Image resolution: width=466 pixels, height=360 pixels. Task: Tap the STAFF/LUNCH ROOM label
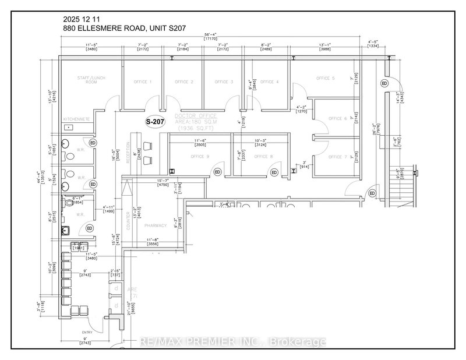click(x=90, y=80)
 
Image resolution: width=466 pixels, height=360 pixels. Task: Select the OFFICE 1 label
click(x=142, y=82)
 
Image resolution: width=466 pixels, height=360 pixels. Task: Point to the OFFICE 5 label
click(x=326, y=78)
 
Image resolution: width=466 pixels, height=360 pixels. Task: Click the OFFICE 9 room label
click(x=199, y=156)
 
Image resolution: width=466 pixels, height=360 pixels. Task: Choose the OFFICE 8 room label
click(x=263, y=156)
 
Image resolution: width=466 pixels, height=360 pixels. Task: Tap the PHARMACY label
click(x=157, y=224)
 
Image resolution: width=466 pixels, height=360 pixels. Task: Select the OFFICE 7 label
click(x=337, y=157)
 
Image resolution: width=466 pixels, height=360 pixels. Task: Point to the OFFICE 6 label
click(x=337, y=118)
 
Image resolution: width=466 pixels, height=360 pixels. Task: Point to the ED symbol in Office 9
click(x=217, y=172)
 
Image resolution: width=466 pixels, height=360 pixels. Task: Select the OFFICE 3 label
click(x=224, y=82)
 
